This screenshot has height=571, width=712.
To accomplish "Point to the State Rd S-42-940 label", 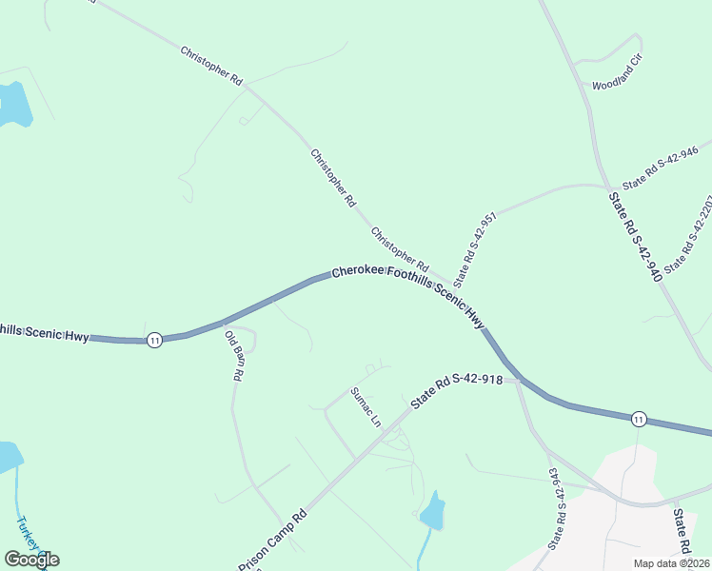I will point(634,238).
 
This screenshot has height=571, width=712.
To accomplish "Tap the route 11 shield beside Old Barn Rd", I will point(154,339).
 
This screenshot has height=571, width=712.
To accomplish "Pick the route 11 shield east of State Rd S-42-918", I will point(639,418).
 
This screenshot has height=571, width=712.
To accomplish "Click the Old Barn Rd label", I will point(233,355).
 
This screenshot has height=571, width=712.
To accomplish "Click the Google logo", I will point(31,560).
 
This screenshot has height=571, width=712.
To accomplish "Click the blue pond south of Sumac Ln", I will point(432,512).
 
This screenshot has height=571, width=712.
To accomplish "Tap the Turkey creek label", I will point(29,535).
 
